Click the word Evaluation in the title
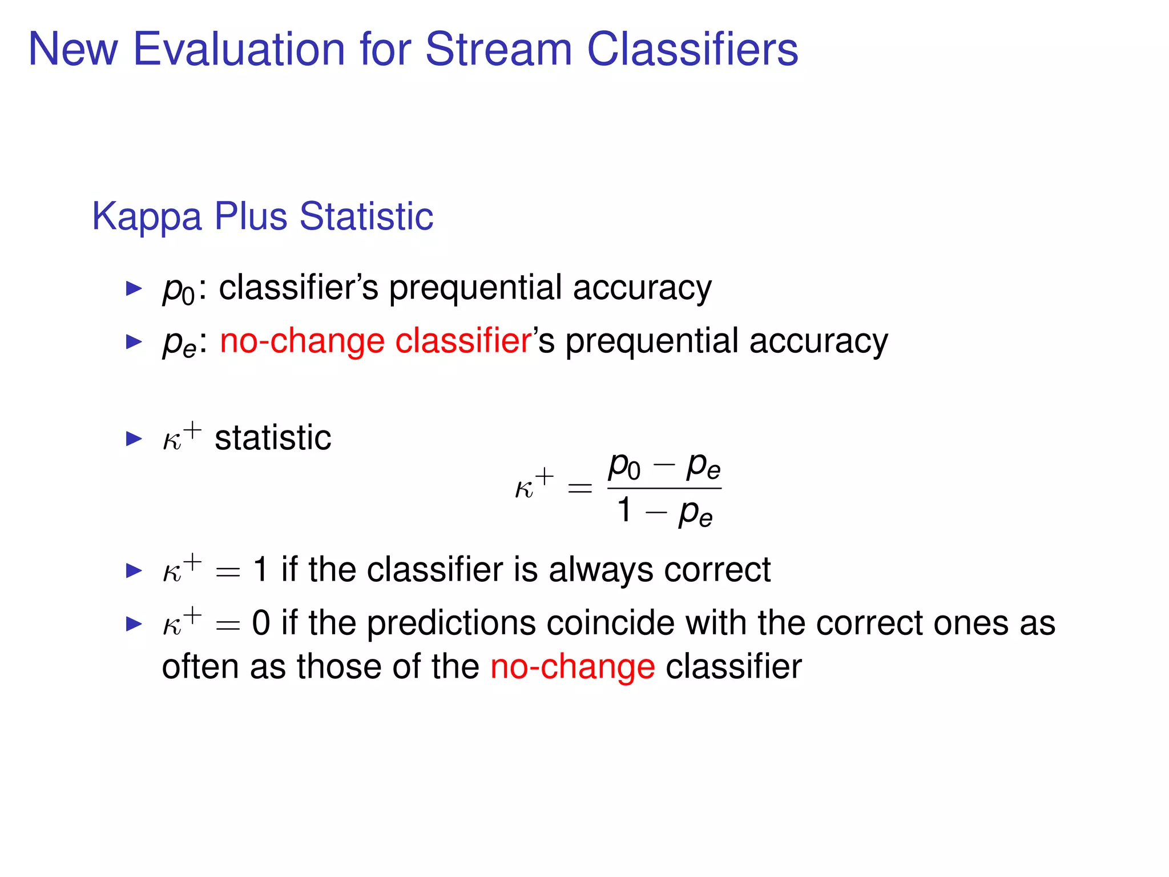tap(239, 49)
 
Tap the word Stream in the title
tap(498, 49)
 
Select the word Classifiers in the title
tap(692, 49)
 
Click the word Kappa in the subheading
tap(147, 217)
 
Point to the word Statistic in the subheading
tap(366, 217)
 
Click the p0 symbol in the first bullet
tap(178, 289)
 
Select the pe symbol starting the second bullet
tap(179, 343)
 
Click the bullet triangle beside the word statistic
tap(134, 438)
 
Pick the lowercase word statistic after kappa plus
tap(273, 438)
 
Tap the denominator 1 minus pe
tap(664, 511)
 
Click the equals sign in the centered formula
tap(579, 488)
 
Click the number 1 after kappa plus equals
tap(260, 570)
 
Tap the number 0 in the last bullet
tap(261, 623)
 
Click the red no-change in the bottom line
tap(573, 667)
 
